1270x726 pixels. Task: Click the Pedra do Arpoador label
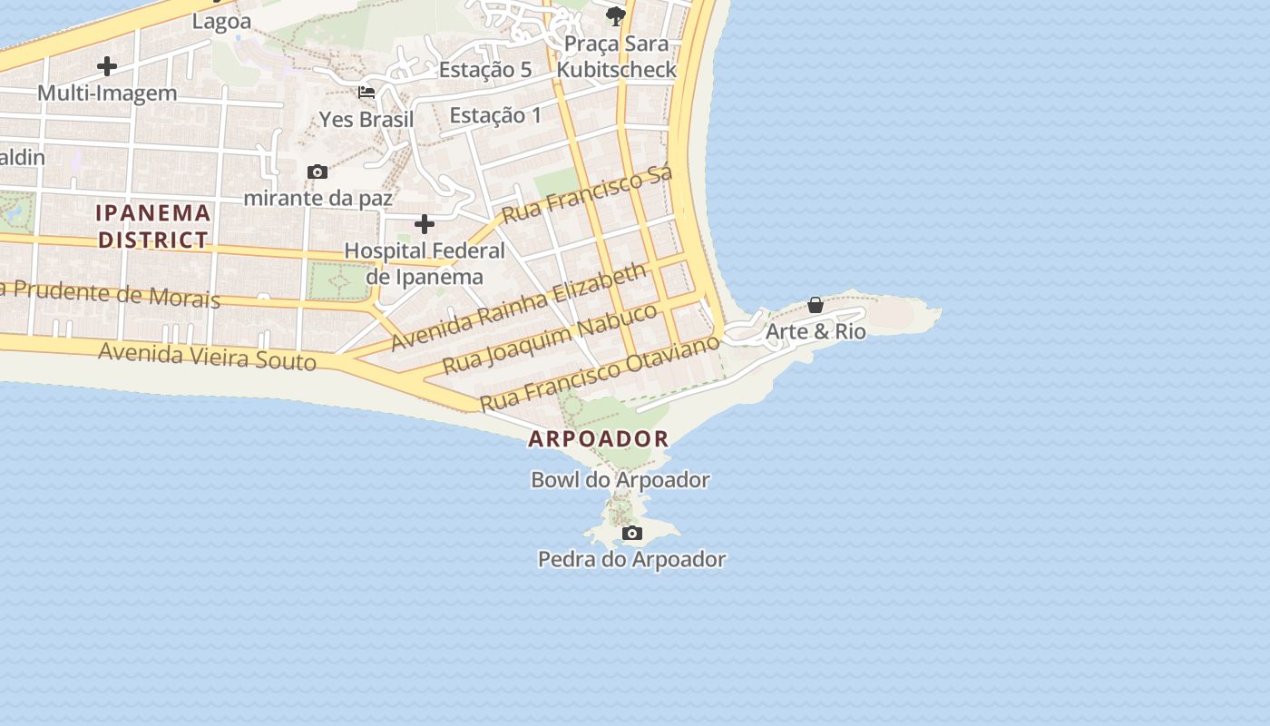[x=631, y=559]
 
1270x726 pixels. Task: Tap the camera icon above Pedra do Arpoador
[x=632, y=533]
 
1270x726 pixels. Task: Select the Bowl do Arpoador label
[x=620, y=480]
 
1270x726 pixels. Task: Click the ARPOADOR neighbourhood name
[x=599, y=439]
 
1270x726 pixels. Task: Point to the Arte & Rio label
[x=816, y=331]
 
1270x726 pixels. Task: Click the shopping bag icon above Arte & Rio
[x=816, y=305]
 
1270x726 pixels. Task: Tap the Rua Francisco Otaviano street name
[x=600, y=372]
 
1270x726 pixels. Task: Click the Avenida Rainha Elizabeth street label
[x=519, y=306]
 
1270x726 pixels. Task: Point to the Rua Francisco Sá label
[x=587, y=194]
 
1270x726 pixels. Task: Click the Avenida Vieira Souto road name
[x=207, y=356]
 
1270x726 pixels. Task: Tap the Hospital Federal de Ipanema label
[x=425, y=263]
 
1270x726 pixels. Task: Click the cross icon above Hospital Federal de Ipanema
[x=425, y=224]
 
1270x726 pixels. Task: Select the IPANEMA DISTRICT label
[x=153, y=226]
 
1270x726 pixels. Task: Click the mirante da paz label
[x=317, y=198]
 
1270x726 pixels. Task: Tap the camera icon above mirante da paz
[x=317, y=172]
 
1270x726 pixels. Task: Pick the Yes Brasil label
[x=366, y=119]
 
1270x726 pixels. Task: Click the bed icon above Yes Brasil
[x=366, y=93]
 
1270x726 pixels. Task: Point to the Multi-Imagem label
[x=107, y=93]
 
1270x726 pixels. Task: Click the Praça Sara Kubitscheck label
[x=617, y=56]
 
